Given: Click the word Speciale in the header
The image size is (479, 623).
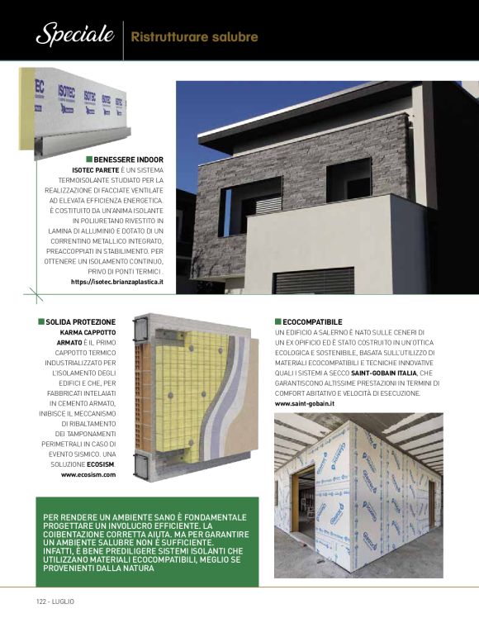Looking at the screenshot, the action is coord(74,36).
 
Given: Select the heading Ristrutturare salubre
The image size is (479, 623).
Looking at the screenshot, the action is coord(194,37).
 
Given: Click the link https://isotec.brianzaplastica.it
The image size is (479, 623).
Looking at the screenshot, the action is coord(116,282).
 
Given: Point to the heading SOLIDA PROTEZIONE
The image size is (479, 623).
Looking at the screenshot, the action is coord(81,321).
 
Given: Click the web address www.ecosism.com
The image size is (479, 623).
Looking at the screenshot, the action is coord(88,475).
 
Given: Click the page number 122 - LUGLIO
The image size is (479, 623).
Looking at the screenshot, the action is coord(55,601).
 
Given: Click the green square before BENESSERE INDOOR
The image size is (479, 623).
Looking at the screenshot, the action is coord(88,159).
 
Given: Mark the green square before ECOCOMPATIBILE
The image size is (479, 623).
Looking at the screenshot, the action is coord(277,321).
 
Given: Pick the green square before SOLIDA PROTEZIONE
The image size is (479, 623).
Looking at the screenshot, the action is coord(40,321).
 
